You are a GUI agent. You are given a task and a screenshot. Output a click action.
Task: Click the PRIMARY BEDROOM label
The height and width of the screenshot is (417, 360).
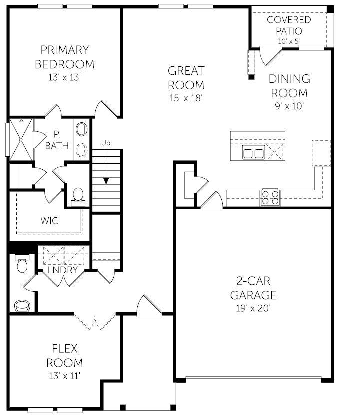point(65,57)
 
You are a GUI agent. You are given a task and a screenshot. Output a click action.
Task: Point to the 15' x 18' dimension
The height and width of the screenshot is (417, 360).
point(185,98)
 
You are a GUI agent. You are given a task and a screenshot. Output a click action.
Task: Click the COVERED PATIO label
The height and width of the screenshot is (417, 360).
point(289,25)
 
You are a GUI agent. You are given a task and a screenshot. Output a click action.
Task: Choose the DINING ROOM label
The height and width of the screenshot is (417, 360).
point(289,86)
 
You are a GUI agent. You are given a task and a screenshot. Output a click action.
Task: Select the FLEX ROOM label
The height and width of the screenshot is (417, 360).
point(64,355)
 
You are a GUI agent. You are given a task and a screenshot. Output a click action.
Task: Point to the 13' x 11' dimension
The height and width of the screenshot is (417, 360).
point(64,375)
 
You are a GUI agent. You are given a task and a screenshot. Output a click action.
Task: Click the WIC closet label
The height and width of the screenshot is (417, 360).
point(49,220)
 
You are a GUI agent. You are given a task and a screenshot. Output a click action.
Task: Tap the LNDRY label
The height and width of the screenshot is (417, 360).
point(63,270)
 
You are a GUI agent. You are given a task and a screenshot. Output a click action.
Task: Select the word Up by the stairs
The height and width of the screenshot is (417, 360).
point(105,143)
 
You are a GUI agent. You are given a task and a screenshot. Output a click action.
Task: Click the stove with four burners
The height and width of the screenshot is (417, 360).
point(270,197)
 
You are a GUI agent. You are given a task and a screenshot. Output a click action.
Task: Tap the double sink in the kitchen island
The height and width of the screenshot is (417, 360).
point(253,153)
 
